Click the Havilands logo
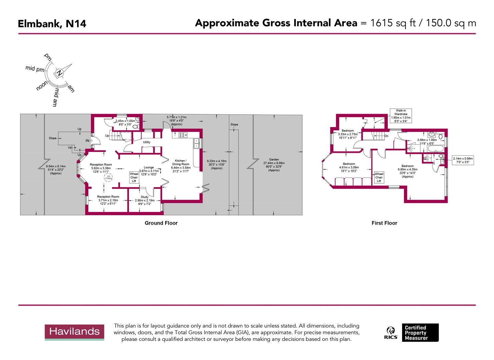(x=75, y=332)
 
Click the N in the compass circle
(x=59, y=73)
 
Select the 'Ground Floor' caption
(x=161, y=223)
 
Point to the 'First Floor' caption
(x=384, y=223)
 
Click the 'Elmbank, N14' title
(x=52, y=24)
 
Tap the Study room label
(x=145, y=197)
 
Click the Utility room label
(x=147, y=142)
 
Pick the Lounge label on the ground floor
(x=149, y=167)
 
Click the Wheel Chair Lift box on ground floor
(x=134, y=177)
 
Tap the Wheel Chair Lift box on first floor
(x=379, y=177)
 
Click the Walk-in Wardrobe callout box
(x=401, y=116)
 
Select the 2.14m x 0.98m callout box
(x=463, y=160)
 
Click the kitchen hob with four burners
(x=183, y=135)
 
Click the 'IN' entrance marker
(x=88, y=141)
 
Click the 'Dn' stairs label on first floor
(x=386, y=136)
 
